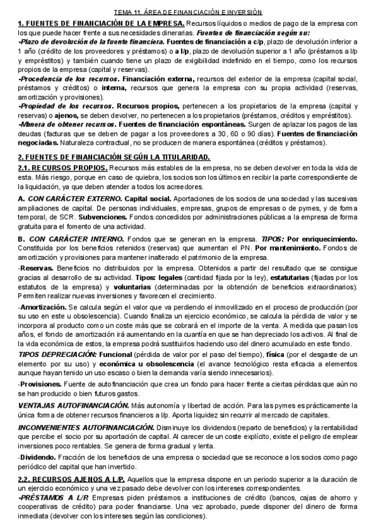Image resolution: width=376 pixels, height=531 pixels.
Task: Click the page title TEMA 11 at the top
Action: [188, 13]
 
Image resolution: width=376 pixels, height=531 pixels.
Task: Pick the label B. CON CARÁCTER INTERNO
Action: [70, 240]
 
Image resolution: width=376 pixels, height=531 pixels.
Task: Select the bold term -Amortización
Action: [42, 309]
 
